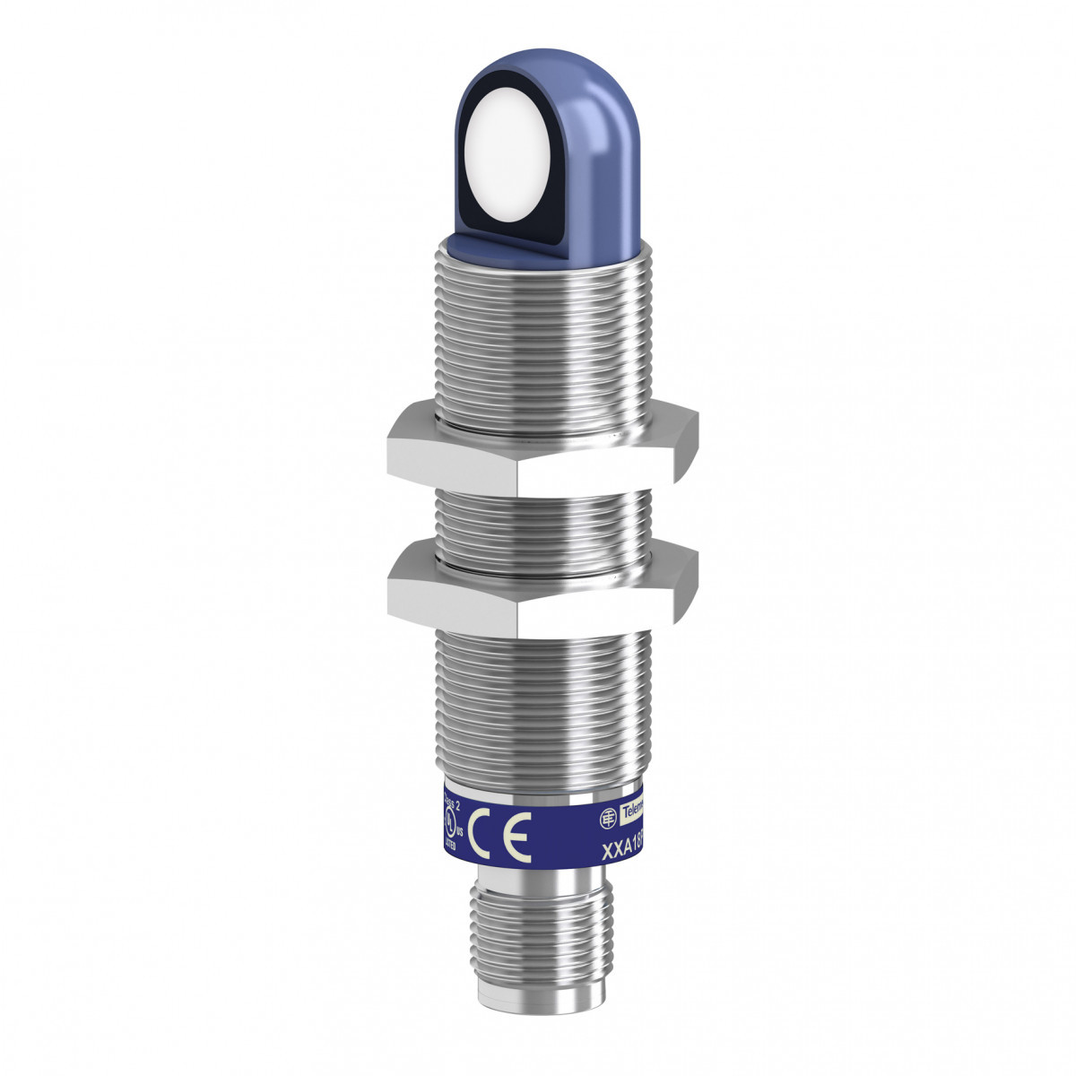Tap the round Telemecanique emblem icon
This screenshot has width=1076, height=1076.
tap(607, 816)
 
